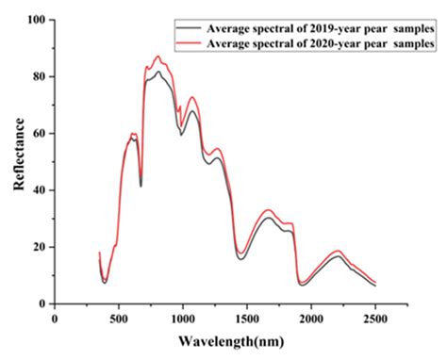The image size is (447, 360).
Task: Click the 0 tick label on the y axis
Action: click(x=43, y=303)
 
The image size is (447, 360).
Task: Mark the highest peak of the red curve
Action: click(x=157, y=57)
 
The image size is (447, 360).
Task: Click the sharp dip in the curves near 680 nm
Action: click(x=141, y=185)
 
